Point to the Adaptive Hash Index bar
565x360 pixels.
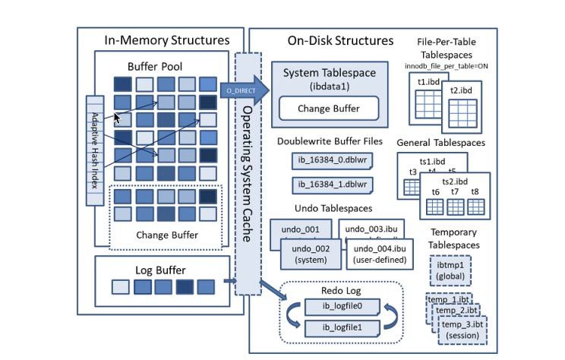pyautogui.click(x=95, y=150)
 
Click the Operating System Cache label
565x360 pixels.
pyautogui.click(x=247, y=175)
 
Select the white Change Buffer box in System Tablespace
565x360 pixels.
pyautogui.click(x=327, y=109)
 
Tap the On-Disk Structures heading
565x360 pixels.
pyautogui.click(x=340, y=40)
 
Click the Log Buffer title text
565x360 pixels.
pyautogui.click(x=161, y=270)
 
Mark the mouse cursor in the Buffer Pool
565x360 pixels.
pyautogui.click(x=118, y=118)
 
